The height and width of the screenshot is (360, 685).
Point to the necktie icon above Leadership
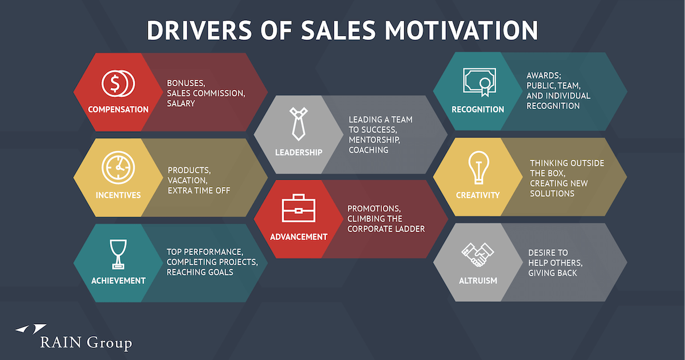click(x=298, y=123)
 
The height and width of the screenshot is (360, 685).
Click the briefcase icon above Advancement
click(x=298, y=209)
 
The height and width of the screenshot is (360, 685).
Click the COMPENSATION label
click(x=118, y=110)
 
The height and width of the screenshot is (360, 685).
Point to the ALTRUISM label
click(x=478, y=281)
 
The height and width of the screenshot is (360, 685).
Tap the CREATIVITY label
click(x=478, y=195)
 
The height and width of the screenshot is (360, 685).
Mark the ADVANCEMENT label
click(x=299, y=237)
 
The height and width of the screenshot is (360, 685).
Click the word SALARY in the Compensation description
click(x=181, y=103)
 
